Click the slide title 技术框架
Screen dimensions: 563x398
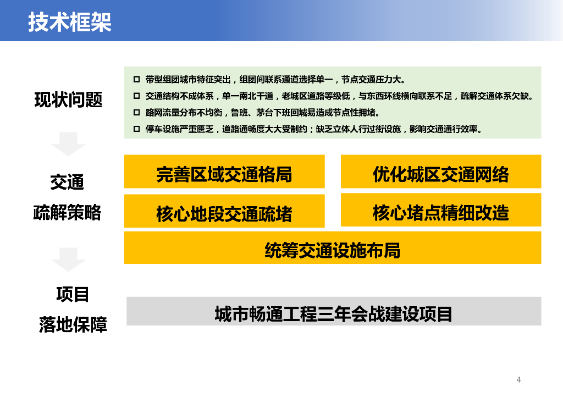tap(70, 22)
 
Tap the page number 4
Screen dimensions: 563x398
tap(518, 380)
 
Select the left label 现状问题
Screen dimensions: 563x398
tap(68, 99)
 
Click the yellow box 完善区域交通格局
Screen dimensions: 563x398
tap(224, 172)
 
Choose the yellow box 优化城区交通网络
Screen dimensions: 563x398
tap(441, 172)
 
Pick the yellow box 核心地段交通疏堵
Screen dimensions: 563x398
tap(224, 211)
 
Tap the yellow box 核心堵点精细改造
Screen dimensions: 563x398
tap(441, 210)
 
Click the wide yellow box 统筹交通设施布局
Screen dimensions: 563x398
tap(333, 247)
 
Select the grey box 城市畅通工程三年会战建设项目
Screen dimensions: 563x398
tap(334, 311)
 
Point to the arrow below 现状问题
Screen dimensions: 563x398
tap(68, 144)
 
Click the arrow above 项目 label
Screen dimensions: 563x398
tap(68, 259)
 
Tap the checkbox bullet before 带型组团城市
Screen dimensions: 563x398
tap(136, 79)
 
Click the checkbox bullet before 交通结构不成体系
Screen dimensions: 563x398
tap(136, 96)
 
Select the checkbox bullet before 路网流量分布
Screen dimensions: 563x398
tap(136, 112)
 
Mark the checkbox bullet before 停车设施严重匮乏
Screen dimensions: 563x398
tap(136, 129)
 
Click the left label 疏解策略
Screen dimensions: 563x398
tap(67, 212)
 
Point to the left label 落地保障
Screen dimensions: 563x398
tap(73, 324)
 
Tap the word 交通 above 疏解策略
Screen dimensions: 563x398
tap(67, 182)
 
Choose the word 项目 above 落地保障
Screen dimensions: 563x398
tap(73, 294)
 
